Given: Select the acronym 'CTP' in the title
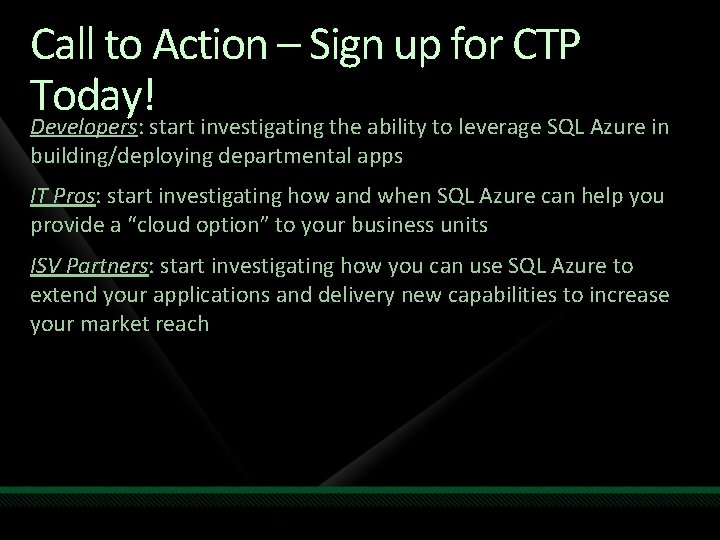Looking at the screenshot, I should (550, 45).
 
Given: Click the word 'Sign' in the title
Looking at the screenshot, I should (342, 45).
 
